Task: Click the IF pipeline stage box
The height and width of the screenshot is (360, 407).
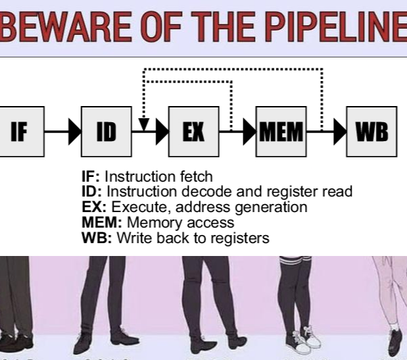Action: tap(21, 131)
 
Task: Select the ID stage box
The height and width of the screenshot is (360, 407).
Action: tap(106, 131)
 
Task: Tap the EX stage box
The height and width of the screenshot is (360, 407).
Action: tap(193, 131)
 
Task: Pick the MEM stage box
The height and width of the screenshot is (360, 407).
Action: tap(281, 131)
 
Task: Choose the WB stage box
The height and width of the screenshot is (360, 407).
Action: tap(372, 131)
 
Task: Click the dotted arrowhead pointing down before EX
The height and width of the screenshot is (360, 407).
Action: tap(143, 124)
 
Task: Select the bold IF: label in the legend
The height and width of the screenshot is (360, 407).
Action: tap(91, 177)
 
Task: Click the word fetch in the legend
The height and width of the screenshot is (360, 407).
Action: tap(196, 177)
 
